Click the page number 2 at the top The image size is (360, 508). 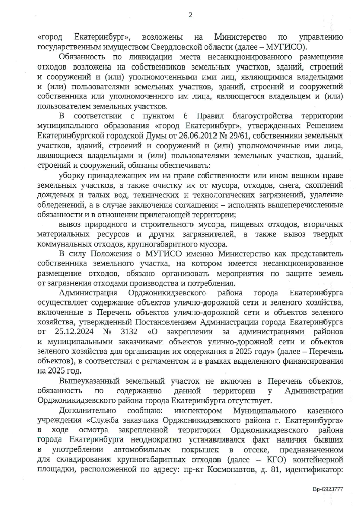[191, 15]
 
